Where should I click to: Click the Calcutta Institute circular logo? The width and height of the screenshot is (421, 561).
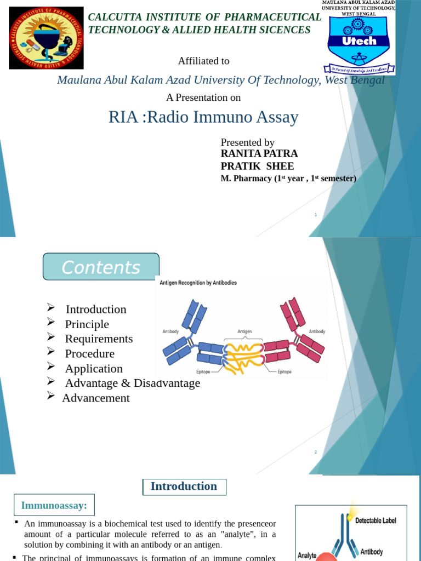(x=46, y=38)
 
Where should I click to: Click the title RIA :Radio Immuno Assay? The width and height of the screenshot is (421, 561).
(x=203, y=117)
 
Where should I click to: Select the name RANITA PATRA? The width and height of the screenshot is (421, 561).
(x=259, y=154)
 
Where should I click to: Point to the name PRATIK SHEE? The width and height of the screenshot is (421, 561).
(x=257, y=167)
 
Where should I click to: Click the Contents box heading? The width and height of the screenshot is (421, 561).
(x=101, y=267)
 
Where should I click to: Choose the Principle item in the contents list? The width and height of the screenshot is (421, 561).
(x=87, y=324)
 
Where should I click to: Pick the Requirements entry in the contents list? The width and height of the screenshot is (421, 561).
(x=99, y=339)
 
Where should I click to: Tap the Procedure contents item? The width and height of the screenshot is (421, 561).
(x=89, y=354)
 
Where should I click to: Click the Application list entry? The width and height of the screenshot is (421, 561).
(x=94, y=369)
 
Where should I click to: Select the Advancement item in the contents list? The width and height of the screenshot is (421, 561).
(x=96, y=398)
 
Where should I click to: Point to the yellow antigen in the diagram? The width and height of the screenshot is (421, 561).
(x=244, y=357)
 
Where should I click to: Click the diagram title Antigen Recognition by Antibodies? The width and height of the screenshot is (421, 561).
(x=198, y=283)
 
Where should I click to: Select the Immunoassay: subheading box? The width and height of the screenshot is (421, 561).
(x=54, y=505)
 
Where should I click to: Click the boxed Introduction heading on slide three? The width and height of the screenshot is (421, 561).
(x=184, y=486)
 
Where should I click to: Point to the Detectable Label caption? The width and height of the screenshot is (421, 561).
(x=376, y=520)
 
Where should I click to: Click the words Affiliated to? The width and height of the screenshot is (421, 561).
(x=203, y=61)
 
